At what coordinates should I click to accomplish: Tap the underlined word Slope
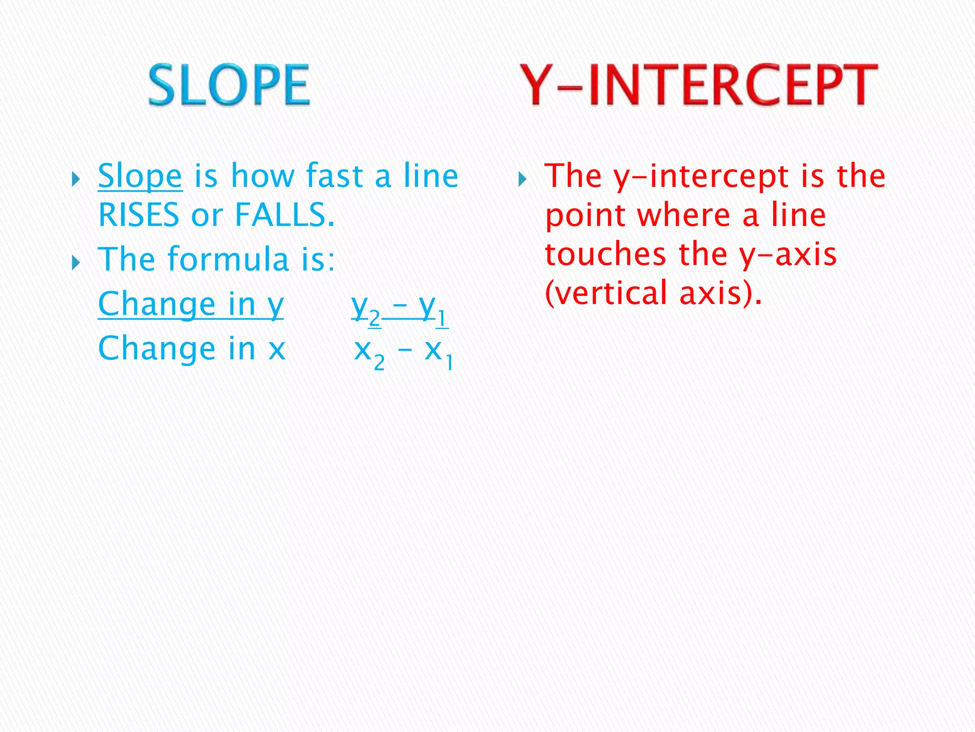click(x=140, y=176)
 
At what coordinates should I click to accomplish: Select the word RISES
click(x=139, y=215)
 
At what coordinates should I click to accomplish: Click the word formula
click(x=229, y=260)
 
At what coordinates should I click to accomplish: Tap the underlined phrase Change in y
click(x=190, y=305)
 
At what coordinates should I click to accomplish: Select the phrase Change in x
click(x=191, y=349)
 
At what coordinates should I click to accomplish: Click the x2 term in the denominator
click(x=369, y=353)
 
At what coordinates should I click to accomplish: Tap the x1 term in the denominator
click(x=438, y=353)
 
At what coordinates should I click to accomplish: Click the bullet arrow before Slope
click(x=76, y=180)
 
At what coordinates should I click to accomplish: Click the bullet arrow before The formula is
click(x=76, y=262)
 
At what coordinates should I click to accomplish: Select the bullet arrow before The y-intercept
click(x=522, y=180)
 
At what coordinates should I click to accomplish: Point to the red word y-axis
click(x=788, y=255)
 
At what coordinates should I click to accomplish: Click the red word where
click(x=684, y=215)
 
